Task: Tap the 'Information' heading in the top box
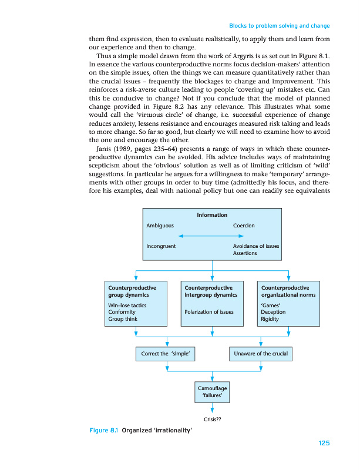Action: click(x=212, y=216)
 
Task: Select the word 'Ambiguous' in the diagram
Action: click(x=160, y=225)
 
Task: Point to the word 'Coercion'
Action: click(x=244, y=225)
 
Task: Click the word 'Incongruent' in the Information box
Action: click(x=162, y=246)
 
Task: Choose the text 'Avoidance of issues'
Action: click(x=256, y=246)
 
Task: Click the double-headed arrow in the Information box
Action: click(x=212, y=236)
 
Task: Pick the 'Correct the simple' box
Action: click(x=168, y=354)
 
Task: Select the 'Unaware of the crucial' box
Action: click(x=260, y=354)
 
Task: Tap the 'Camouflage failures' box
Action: click(x=213, y=392)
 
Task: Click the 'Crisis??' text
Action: click(x=212, y=419)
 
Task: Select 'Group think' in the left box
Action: click(x=122, y=319)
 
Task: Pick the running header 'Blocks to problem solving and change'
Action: click(x=279, y=26)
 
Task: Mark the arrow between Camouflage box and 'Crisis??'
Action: click(x=213, y=409)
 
